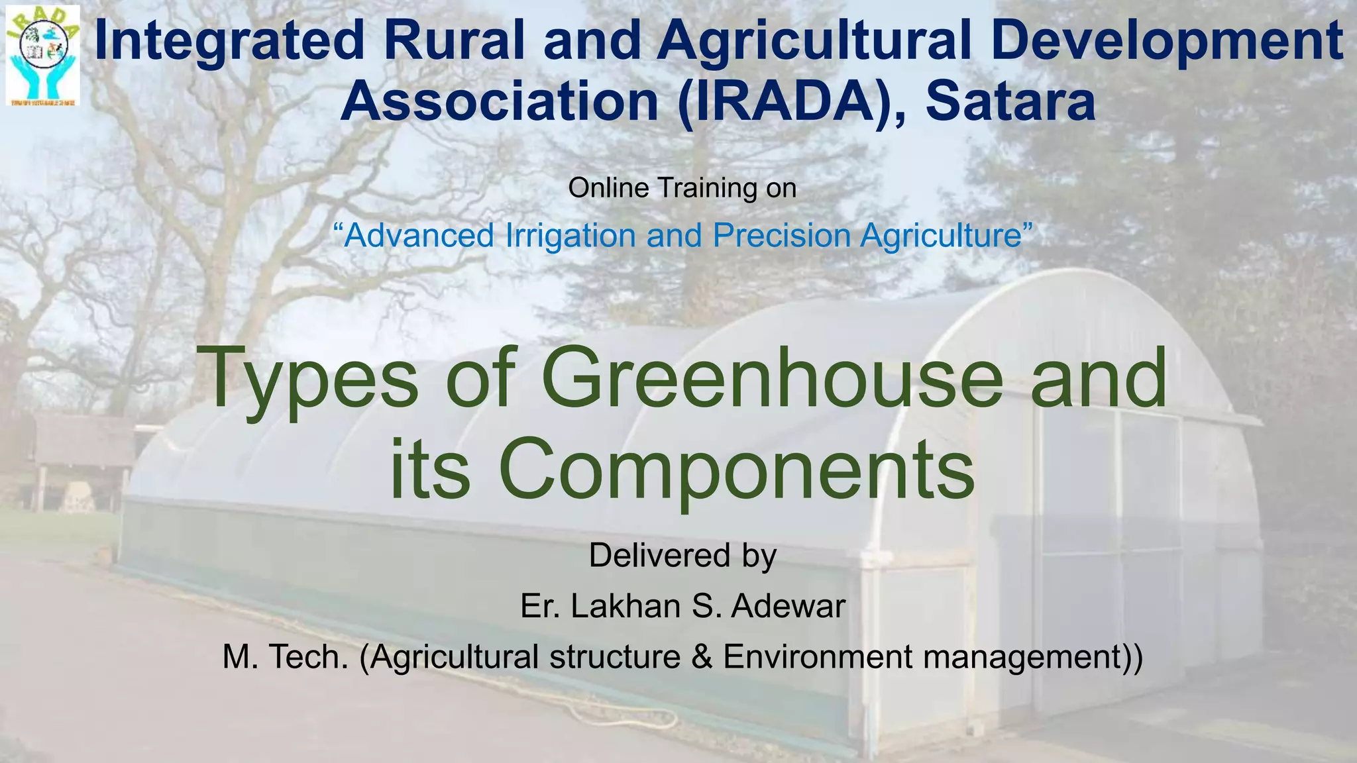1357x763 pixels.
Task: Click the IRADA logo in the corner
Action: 42,56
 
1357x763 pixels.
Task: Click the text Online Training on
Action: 682,188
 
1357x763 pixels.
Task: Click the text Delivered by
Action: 682,555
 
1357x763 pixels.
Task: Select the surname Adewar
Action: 788,606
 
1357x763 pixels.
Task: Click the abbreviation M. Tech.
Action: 286,657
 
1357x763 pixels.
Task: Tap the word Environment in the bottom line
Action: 817,657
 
